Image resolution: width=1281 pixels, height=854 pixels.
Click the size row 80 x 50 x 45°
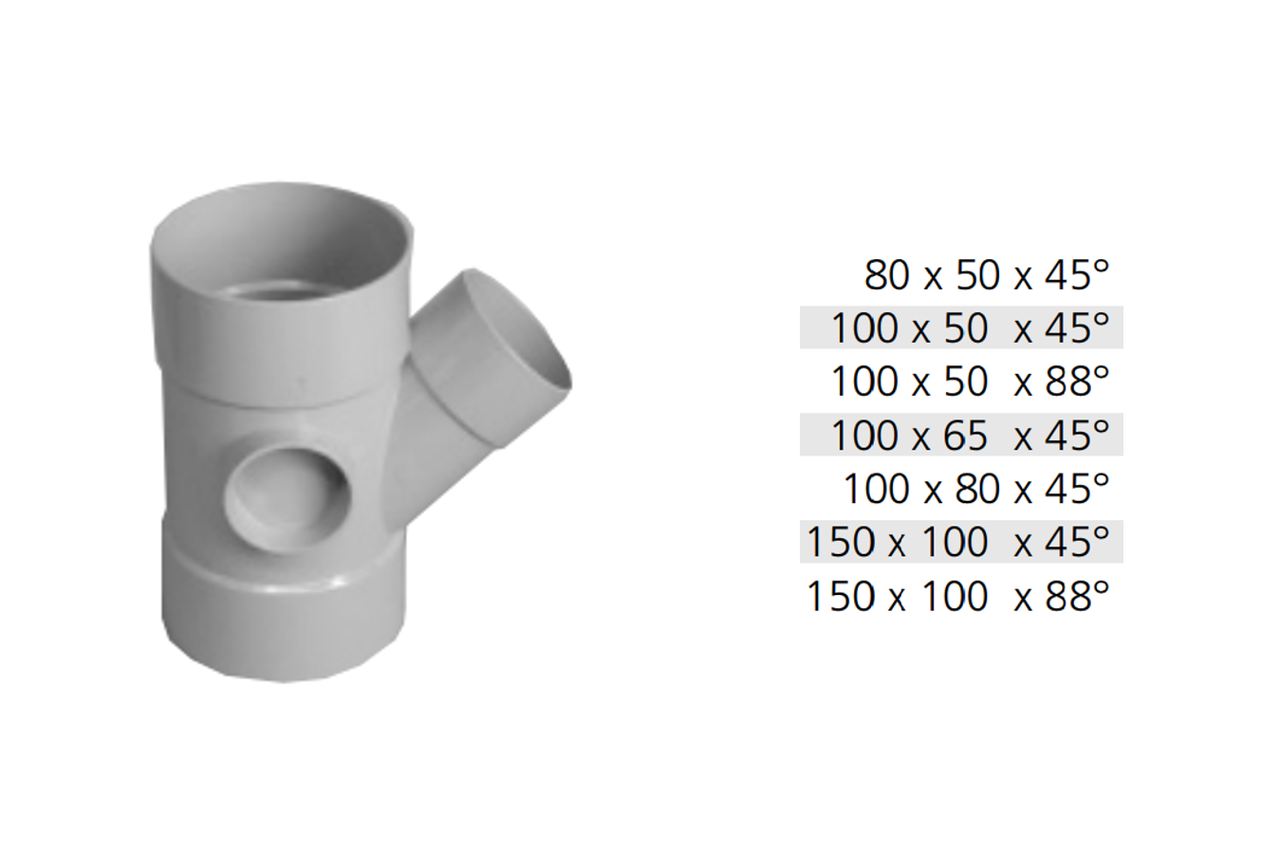pos(987,275)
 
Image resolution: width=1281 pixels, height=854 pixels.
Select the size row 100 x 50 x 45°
pos(970,327)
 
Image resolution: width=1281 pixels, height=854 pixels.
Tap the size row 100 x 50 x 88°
pos(970,381)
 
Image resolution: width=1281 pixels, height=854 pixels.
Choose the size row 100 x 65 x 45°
pos(970,435)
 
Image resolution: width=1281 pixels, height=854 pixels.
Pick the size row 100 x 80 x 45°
pos(976,489)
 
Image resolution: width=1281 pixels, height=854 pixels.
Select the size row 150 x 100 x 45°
pos(957,542)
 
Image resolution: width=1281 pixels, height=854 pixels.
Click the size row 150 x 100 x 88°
pos(957,596)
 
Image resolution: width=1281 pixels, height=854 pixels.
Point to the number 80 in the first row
pos(886,276)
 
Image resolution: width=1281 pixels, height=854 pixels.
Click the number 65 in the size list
pos(966,436)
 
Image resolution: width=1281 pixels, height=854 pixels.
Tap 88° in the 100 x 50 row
pos(1077,381)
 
